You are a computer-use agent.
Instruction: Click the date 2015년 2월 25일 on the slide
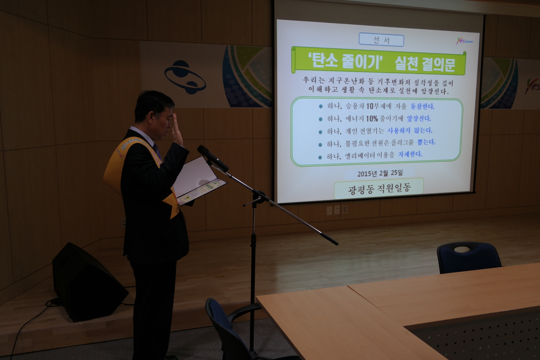click(380, 173)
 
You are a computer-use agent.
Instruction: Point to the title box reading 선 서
click(381, 40)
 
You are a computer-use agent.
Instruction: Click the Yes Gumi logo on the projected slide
click(465, 41)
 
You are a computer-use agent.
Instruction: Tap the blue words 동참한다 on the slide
click(422, 106)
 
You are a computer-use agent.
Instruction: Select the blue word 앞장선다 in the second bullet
click(419, 118)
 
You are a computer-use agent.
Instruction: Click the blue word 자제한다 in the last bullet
click(410, 154)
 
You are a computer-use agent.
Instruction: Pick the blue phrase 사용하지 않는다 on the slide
click(410, 130)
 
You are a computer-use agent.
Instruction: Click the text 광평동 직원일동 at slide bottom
click(379, 188)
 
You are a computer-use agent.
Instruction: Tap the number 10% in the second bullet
click(372, 118)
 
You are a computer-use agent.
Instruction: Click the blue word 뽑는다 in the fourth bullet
click(426, 142)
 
